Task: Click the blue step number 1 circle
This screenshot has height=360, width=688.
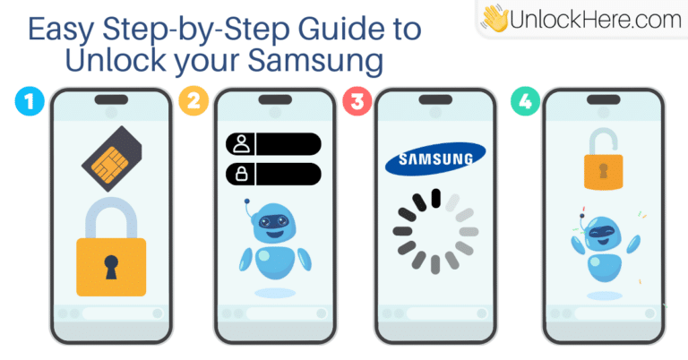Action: click(x=30, y=101)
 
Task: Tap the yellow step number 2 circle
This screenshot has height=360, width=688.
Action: click(x=193, y=101)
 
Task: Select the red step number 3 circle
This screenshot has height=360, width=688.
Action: click(x=357, y=101)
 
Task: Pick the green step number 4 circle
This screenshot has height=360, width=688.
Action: click(x=525, y=101)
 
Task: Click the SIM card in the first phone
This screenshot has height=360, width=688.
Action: click(x=112, y=159)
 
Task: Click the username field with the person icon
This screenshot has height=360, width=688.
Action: click(x=273, y=144)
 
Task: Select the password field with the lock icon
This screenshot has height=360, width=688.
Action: click(x=273, y=174)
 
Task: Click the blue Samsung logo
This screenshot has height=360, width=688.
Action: click(x=435, y=159)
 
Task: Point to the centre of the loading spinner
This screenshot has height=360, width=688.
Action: click(x=435, y=231)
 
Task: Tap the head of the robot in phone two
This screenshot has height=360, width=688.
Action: click(x=274, y=222)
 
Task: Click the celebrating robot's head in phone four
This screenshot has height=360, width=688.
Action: click(x=604, y=233)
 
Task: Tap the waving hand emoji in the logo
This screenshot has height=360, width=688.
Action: click(x=494, y=19)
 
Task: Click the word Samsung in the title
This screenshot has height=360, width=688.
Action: click(x=315, y=60)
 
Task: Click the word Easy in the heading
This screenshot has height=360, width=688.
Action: click(x=61, y=30)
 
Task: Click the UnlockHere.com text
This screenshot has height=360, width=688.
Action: click(x=596, y=20)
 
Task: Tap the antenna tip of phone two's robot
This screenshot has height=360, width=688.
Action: click(x=247, y=201)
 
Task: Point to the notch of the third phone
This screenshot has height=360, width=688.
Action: click(x=435, y=99)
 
